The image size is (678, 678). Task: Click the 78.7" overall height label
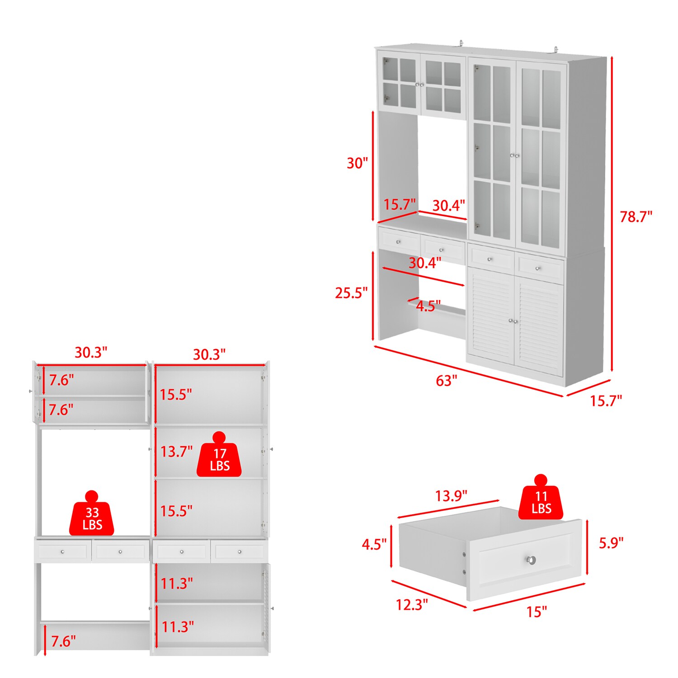[636, 217]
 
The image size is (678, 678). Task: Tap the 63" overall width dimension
[446, 381]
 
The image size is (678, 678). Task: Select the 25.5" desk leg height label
[351, 293]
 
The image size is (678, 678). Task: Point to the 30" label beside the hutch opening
[357, 163]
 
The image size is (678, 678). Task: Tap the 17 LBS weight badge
[220, 454]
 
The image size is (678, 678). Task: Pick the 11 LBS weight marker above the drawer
[541, 497]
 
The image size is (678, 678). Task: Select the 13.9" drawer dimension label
[451, 496]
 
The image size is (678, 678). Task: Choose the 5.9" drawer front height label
[611, 542]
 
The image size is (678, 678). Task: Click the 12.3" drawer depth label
[412, 604]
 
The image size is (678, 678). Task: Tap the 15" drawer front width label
[537, 612]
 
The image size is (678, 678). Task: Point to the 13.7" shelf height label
[177, 452]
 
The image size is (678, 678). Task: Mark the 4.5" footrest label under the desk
[428, 306]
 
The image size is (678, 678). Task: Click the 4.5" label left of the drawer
[374, 544]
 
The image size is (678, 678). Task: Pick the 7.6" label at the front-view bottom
[63, 641]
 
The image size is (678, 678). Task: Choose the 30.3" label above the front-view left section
[91, 352]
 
